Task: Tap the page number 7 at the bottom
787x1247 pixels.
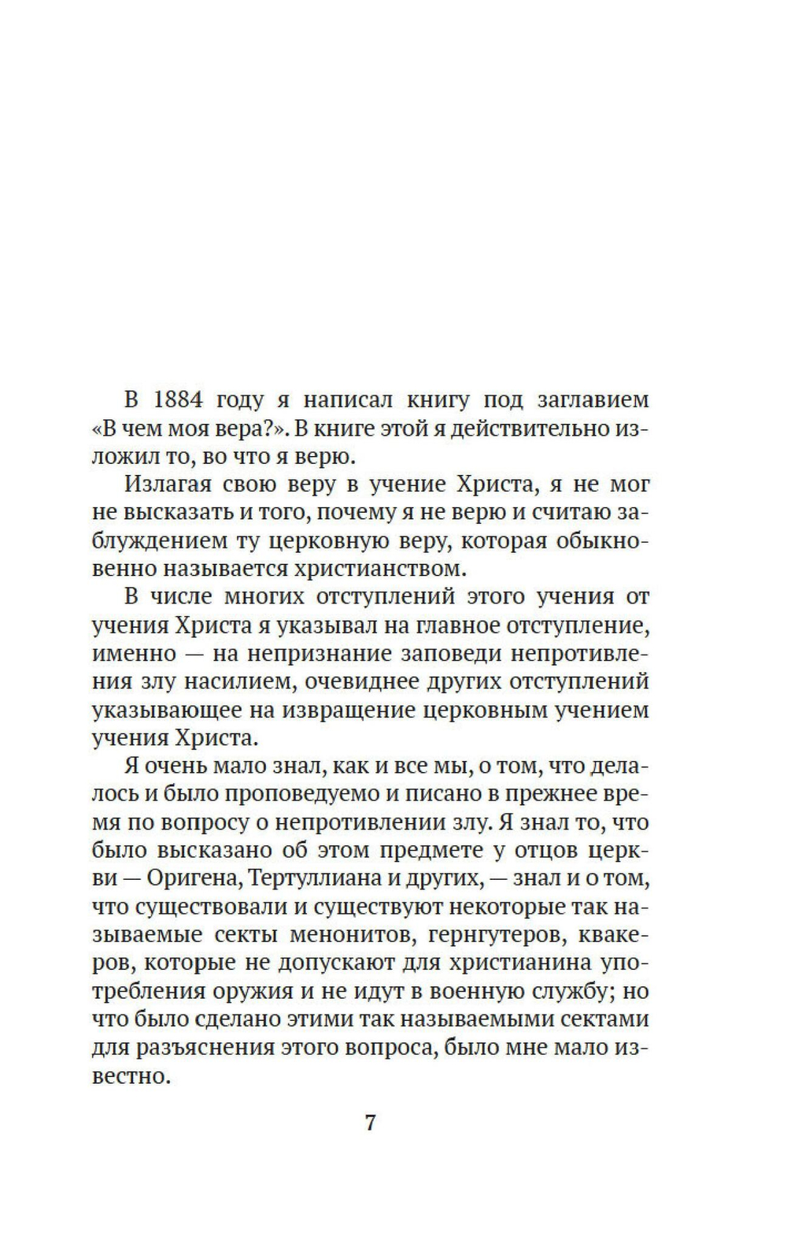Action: pyautogui.click(x=371, y=1123)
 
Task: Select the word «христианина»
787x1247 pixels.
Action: pyautogui.click(x=512, y=963)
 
